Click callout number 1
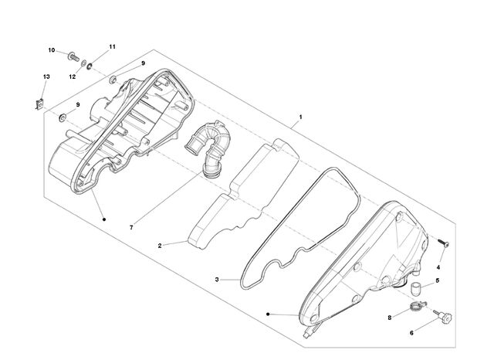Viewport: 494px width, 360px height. coord(300,117)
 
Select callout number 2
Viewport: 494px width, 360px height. coord(160,246)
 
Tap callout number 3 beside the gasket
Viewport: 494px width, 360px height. coord(217,280)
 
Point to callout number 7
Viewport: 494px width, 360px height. coord(131,227)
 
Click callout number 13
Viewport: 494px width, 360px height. coord(46,76)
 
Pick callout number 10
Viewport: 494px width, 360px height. coord(52,50)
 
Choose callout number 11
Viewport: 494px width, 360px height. coord(112,46)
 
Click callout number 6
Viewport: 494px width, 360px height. coord(411,332)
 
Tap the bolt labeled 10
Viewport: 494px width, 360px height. coord(73,56)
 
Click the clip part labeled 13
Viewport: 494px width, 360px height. coord(39,104)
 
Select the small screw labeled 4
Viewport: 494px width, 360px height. coord(443,243)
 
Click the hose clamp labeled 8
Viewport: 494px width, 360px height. coord(418,305)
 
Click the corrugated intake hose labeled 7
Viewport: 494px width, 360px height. coord(208,148)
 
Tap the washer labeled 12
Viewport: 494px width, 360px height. coord(83,63)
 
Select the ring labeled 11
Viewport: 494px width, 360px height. coord(90,66)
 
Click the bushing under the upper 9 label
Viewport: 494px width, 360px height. coord(113,80)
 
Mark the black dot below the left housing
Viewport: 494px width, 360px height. coord(104,219)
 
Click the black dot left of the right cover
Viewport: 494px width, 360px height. coord(268,314)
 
